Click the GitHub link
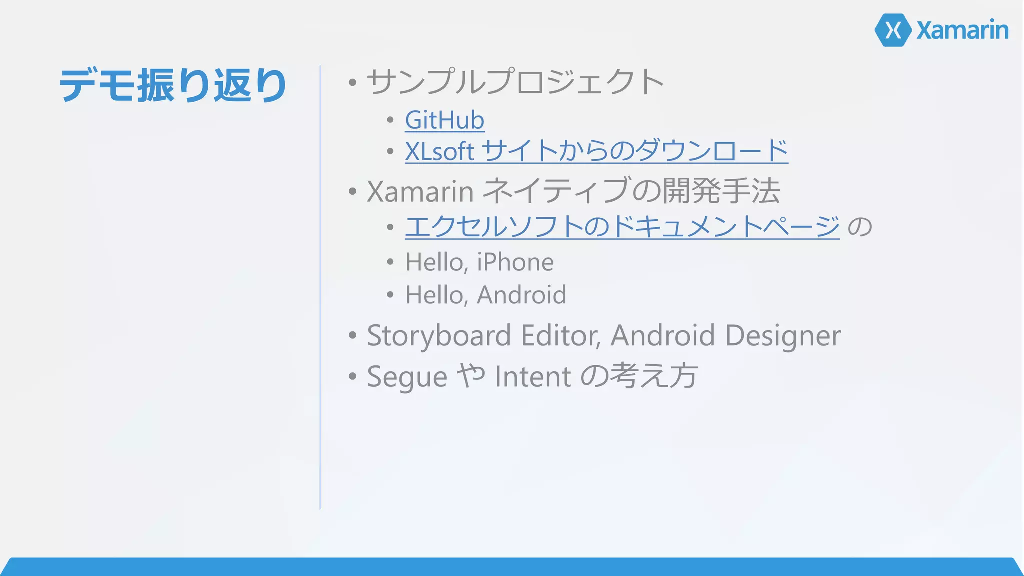tap(444, 120)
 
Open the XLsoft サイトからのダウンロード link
tap(596, 151)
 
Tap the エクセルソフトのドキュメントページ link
tap(622, 226)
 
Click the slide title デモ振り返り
tap(173, 85)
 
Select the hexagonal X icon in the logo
tap(893, 30)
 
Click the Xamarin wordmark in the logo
tap(962, 30)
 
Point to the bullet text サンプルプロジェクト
tap(515, 82)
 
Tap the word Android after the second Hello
tap(521, 295)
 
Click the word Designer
tap(783, 335)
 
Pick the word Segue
tap(407, 376)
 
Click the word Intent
tap(533, 376)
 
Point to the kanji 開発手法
tap(721, 191)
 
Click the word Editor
tap(560, 335)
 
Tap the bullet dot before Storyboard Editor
tap(353, 336)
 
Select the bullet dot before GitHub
tap(390, 120)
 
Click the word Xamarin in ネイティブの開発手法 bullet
tap(420, 191)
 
